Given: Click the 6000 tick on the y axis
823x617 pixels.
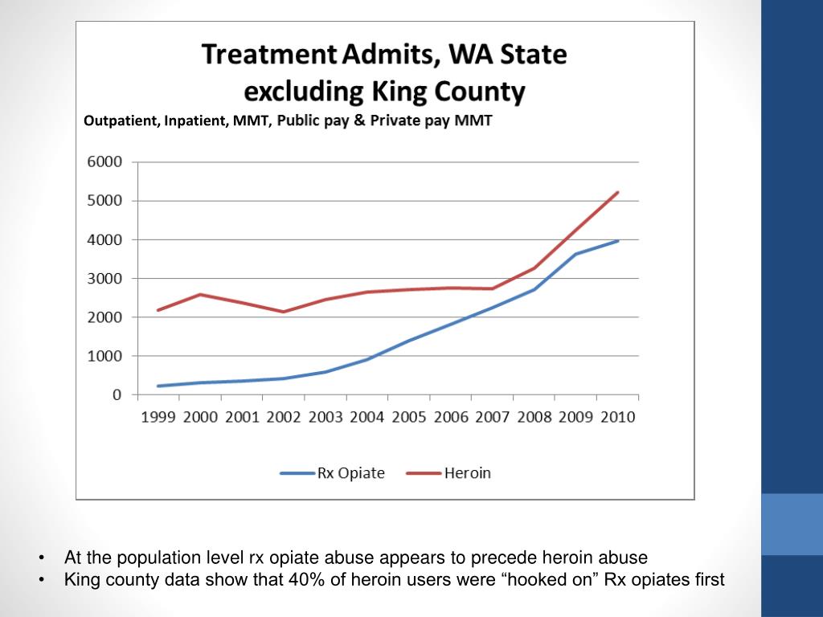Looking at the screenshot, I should [x=104, y=161].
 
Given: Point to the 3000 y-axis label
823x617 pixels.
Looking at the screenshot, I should [x=104, y=278].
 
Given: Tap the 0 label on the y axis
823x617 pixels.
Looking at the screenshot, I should [x=117, y=394].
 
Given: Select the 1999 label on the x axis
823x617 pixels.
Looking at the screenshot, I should [x=158, y=418].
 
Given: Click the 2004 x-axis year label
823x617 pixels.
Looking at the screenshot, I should [x=367, y=418].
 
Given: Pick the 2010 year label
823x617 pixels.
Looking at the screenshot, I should [x=617, y=418].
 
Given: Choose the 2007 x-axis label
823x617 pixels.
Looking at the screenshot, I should [x=492, y=418].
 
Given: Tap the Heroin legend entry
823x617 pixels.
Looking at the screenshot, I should [x=467, y=473].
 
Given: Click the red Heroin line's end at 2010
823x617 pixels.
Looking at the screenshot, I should [x=617, y=193].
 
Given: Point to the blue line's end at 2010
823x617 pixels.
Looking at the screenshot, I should [x=617, y=241].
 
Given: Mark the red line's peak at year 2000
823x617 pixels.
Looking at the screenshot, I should [x=200, y=294].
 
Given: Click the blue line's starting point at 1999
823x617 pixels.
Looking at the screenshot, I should [x=158, y=386].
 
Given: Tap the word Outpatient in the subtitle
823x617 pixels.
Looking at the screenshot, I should [x=121, y=121].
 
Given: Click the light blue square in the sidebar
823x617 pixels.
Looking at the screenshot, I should [x=792, y=524].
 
